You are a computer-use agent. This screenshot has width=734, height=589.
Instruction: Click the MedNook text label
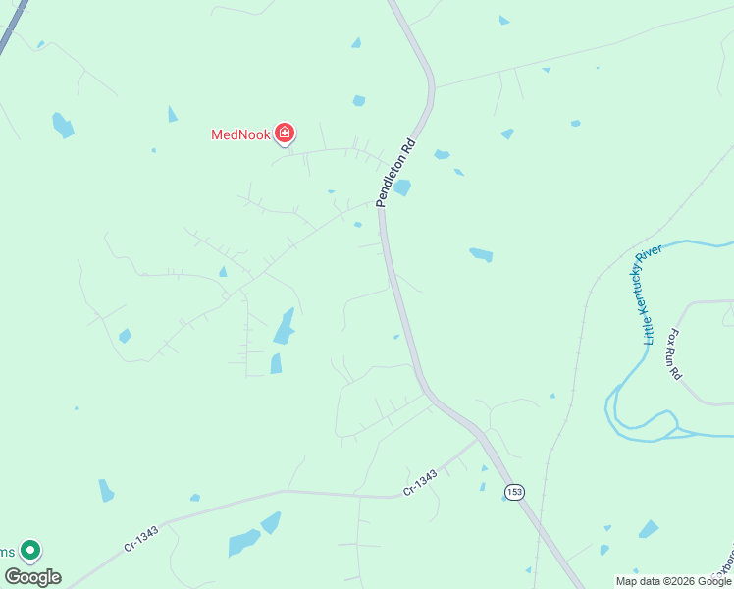coord(241,134)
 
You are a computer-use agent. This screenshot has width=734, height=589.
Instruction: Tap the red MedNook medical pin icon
coord(285,133)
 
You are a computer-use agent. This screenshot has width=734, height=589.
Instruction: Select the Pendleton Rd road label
coord(396,173)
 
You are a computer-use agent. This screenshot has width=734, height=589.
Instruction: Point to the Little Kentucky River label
coord(653,294)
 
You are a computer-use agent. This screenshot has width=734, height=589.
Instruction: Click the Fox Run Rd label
coord(674,353)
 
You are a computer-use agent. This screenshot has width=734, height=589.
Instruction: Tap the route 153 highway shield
coord(513,490)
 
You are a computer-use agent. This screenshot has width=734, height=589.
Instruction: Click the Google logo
coord(32,576)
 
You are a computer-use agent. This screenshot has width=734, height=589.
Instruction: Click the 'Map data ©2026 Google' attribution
coord(673,581)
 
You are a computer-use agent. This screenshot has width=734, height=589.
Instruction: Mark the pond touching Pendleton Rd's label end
coord(402,187)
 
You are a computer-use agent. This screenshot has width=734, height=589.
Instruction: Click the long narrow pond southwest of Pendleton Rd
coord(284,326)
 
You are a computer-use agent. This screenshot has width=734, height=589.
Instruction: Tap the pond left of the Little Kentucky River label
coord(481,254)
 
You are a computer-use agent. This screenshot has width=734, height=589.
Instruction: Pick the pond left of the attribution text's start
coord(604,550)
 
